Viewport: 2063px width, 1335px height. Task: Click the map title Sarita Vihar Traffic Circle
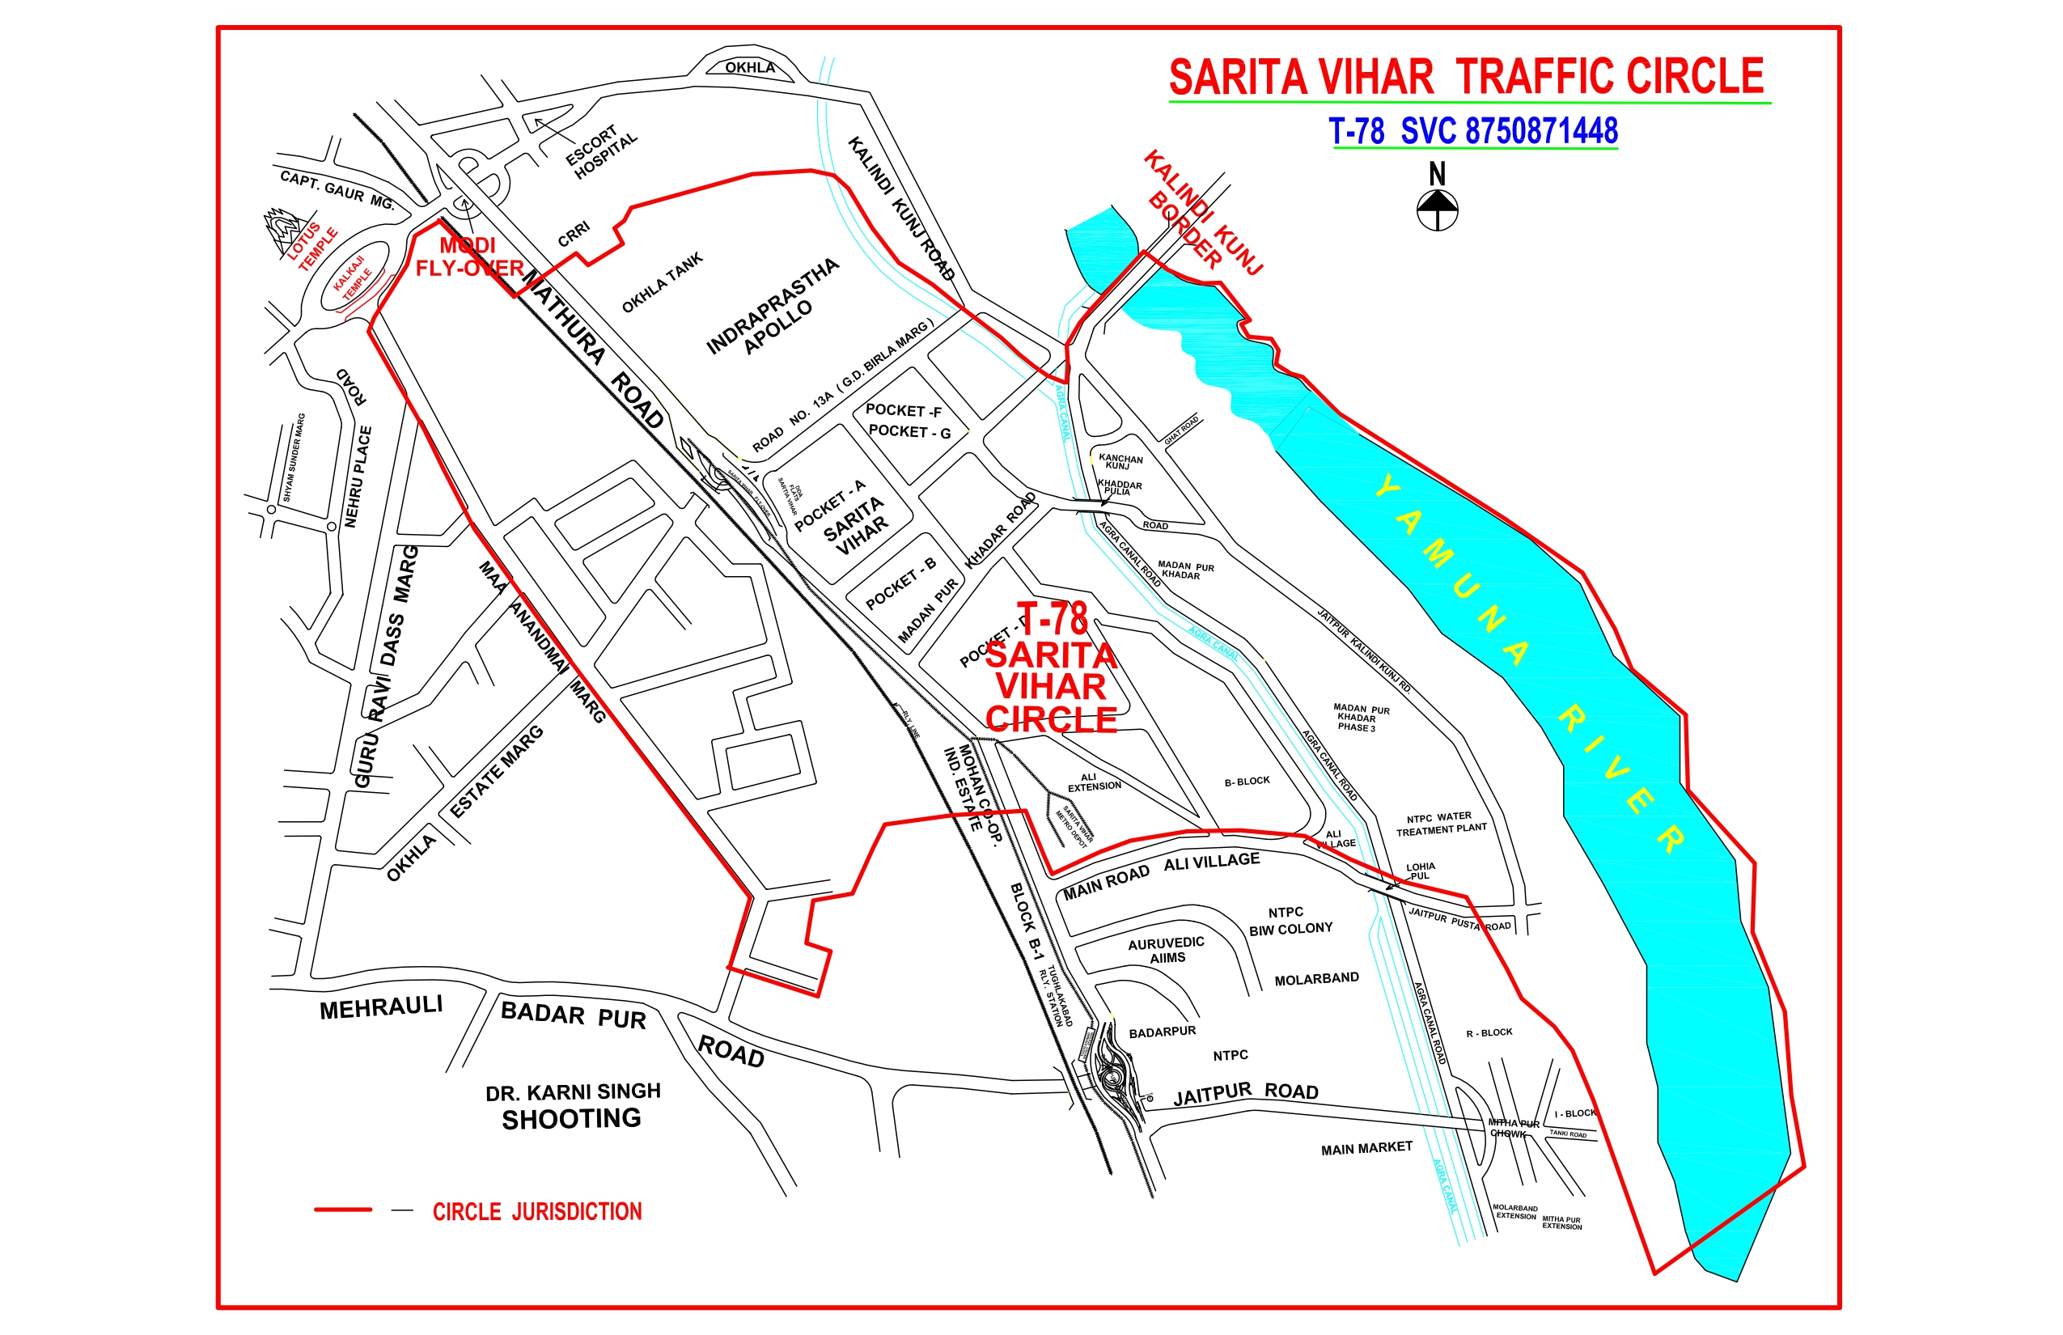click(x=1467, y=76)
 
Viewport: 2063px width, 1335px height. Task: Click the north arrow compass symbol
click(x=1437, y=208)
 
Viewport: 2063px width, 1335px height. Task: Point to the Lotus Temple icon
click(x=283, y=230)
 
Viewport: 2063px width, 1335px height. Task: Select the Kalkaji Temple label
click(x=353, y=278)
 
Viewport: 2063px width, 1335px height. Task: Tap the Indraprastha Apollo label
click(x=773, y=307)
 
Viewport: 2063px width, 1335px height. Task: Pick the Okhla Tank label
click(x=663, y=282)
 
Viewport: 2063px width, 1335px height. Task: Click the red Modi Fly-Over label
click(x=469, y=257)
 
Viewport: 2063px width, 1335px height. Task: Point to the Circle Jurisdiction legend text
click(x=537, y=1211)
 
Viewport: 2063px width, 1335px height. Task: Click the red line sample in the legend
click(x=342, y=1210)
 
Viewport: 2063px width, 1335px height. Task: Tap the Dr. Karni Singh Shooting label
click(x=572, y=1105)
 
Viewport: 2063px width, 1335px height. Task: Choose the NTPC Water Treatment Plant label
click(x=1441, y=824)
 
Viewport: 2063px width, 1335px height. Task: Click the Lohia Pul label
click(x=1420, y=871)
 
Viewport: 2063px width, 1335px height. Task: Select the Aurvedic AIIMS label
click(x=1167, y=950)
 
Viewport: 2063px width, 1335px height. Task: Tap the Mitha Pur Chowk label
click(x=1513, y=1128)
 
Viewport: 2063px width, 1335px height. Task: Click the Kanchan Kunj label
click(x=1120, y=461)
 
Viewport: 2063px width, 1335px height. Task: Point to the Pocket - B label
click(x=900, y=582)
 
